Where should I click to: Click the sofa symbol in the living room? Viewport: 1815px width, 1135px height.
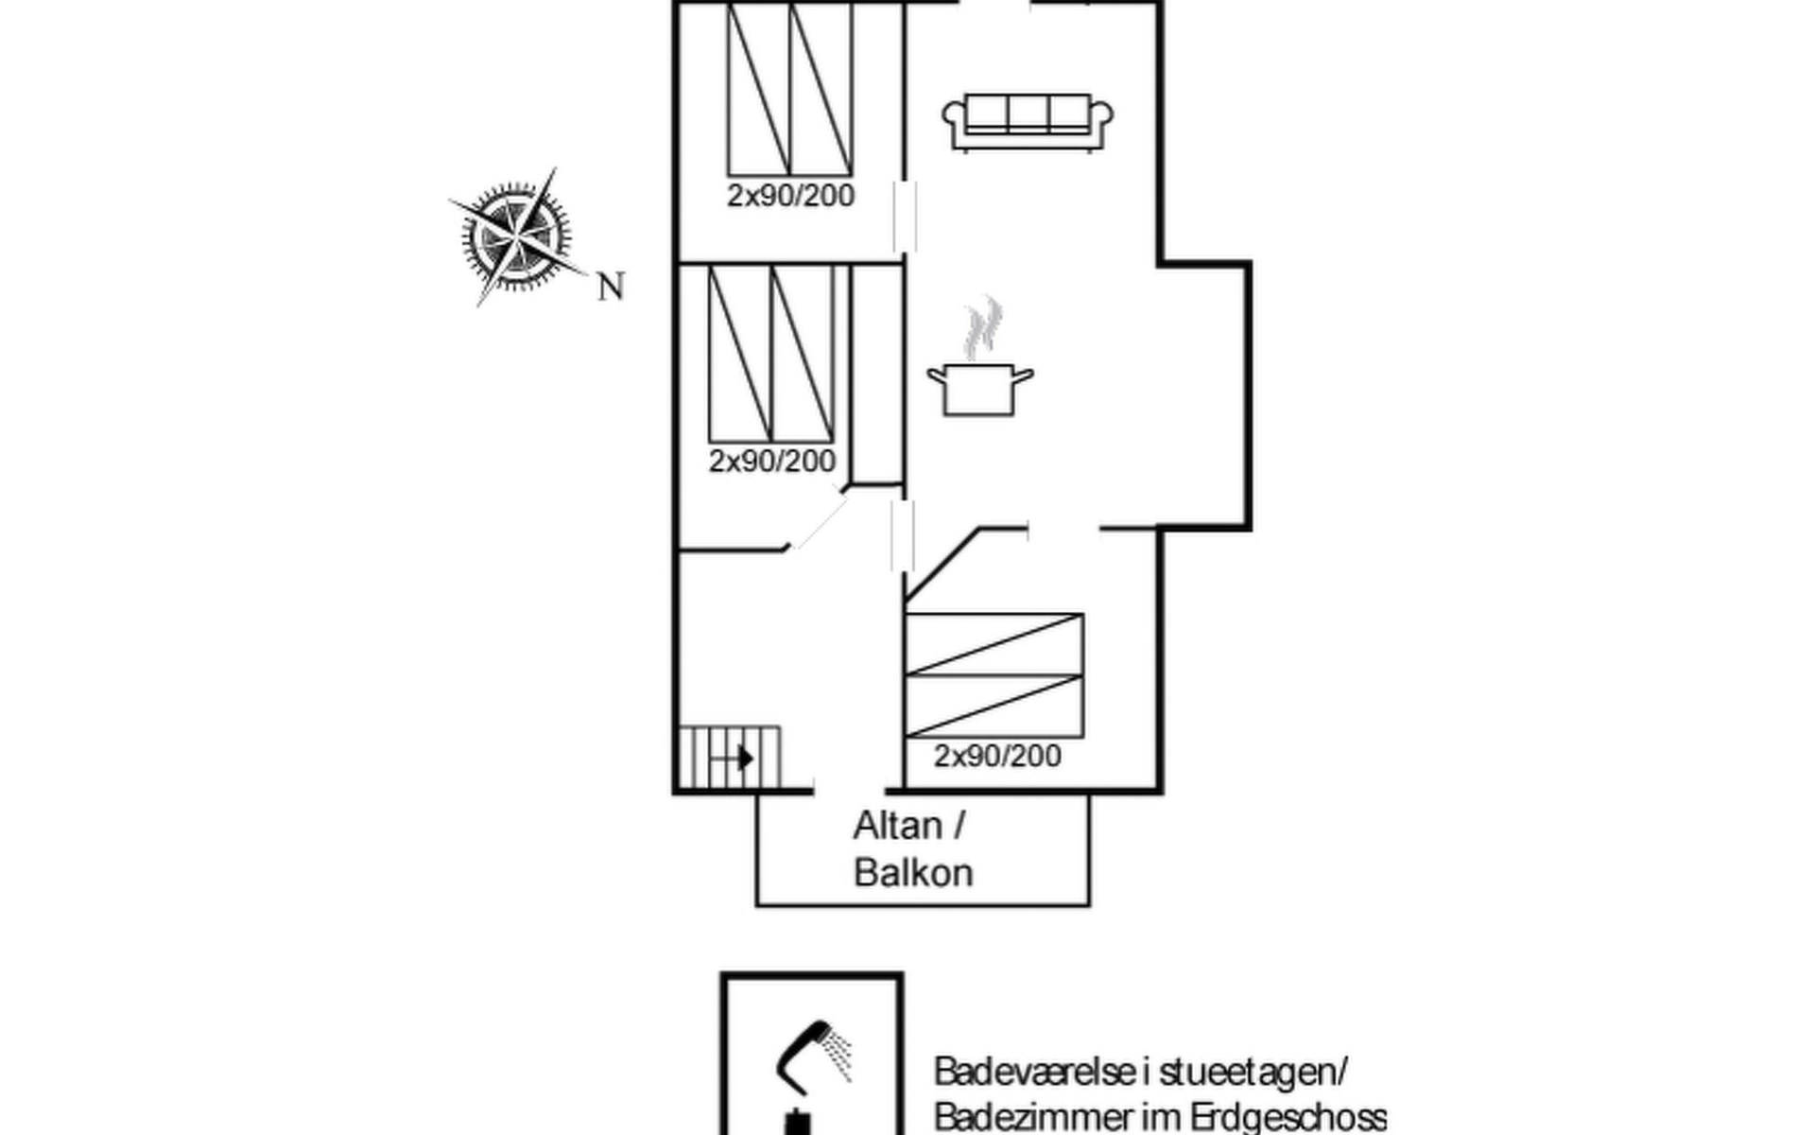1028,122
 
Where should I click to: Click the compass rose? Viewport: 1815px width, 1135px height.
516,237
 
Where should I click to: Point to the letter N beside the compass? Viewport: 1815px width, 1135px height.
612,286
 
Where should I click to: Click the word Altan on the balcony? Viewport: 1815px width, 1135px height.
898,826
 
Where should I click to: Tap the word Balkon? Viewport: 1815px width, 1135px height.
913,872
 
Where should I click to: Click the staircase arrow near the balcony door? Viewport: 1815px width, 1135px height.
733,758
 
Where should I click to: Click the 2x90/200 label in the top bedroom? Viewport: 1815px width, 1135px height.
790,195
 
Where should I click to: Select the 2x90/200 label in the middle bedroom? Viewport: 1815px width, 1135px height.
772,461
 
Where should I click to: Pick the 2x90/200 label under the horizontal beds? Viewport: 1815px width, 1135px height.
997,756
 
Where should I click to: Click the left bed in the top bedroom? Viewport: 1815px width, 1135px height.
758,89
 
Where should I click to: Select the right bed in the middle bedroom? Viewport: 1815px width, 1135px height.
803,354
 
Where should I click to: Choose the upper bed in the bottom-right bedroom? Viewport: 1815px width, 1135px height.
994,644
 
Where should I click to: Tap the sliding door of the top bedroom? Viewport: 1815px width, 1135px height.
905,217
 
